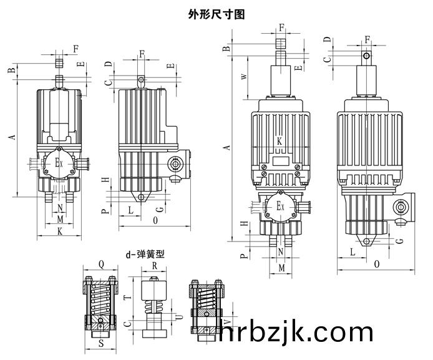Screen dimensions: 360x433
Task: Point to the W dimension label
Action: point(244,77)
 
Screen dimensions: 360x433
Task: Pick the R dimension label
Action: point(154,265)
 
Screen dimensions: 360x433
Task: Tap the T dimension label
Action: point(127,299)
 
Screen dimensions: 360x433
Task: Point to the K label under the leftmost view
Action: point(60,231)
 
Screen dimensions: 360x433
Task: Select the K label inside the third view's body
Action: point(280,141)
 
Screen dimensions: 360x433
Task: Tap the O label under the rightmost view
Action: point(377,265)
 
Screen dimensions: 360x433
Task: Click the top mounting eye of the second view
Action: point(142,79)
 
